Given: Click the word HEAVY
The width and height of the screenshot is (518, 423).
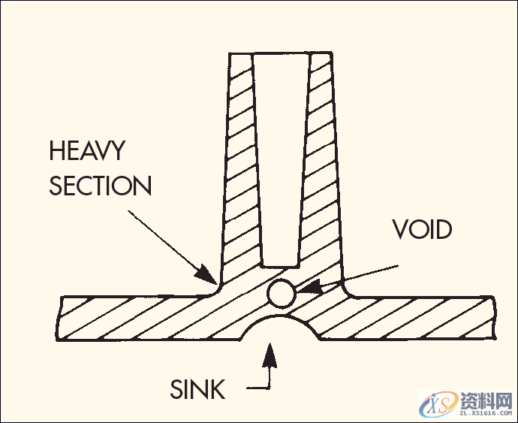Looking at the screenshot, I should (86, 151).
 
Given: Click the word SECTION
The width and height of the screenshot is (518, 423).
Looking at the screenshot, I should (101, 186).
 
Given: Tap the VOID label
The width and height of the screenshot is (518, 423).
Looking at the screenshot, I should (422, 230).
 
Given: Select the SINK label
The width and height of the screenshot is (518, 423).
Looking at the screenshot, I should (197, 389).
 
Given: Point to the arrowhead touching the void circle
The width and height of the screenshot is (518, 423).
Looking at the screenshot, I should (304, 288).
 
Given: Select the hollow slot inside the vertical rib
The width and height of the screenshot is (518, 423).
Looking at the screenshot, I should (281, 158).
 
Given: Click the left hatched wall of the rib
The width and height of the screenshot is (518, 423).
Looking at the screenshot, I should (239, 165).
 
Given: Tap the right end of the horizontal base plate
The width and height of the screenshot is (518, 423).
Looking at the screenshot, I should (488, 316).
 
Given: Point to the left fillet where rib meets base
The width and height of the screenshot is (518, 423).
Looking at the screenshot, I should (215, 290).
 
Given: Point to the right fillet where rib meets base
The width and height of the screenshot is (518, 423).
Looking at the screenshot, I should (347, 290).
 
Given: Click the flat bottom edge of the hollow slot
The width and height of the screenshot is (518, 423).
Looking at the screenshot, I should (281, 266).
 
